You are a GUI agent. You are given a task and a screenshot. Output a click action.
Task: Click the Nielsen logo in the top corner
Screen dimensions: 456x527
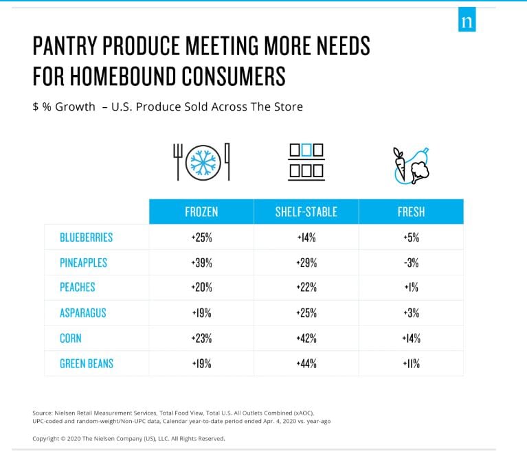tap(467, 21)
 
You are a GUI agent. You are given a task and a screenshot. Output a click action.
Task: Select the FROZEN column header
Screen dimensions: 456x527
tap(201, 212)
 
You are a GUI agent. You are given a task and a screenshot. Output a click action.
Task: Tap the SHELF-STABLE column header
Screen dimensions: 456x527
tap(306, 212)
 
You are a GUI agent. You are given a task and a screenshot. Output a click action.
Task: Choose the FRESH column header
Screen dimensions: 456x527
tap(411, 212)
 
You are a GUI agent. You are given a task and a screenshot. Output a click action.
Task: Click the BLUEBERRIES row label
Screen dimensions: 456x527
tap(86, 238)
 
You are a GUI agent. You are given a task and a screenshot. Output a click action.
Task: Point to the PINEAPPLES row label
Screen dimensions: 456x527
tap(83, 263)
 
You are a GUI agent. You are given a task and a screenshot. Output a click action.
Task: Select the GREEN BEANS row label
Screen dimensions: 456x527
tap(86, 363)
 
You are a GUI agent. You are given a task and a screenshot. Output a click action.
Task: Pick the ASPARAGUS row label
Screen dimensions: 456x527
tap(84, 313)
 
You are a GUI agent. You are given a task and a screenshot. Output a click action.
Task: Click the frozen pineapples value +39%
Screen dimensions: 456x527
tap(201, 263)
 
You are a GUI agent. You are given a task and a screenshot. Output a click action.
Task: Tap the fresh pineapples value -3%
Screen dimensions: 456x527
tap(411, 263)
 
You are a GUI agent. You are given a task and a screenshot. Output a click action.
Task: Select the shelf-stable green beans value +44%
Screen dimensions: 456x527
tap(306, 363)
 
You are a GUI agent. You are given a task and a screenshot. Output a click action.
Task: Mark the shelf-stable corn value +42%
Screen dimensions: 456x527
tap(306, 338)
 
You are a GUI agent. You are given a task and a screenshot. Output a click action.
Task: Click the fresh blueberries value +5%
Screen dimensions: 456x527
tap(411, 238)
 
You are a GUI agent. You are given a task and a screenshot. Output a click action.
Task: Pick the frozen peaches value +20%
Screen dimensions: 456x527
tap(201, 288)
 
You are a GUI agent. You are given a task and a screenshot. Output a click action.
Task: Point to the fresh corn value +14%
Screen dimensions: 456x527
tap(411, 338)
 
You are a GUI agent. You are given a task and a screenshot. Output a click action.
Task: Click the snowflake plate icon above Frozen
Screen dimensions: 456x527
tap(201, 162)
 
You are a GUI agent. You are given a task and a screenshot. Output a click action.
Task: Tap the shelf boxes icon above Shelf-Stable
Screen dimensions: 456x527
tap(306, 162)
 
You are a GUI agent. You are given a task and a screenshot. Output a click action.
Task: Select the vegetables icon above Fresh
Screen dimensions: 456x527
tap(410, 165)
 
